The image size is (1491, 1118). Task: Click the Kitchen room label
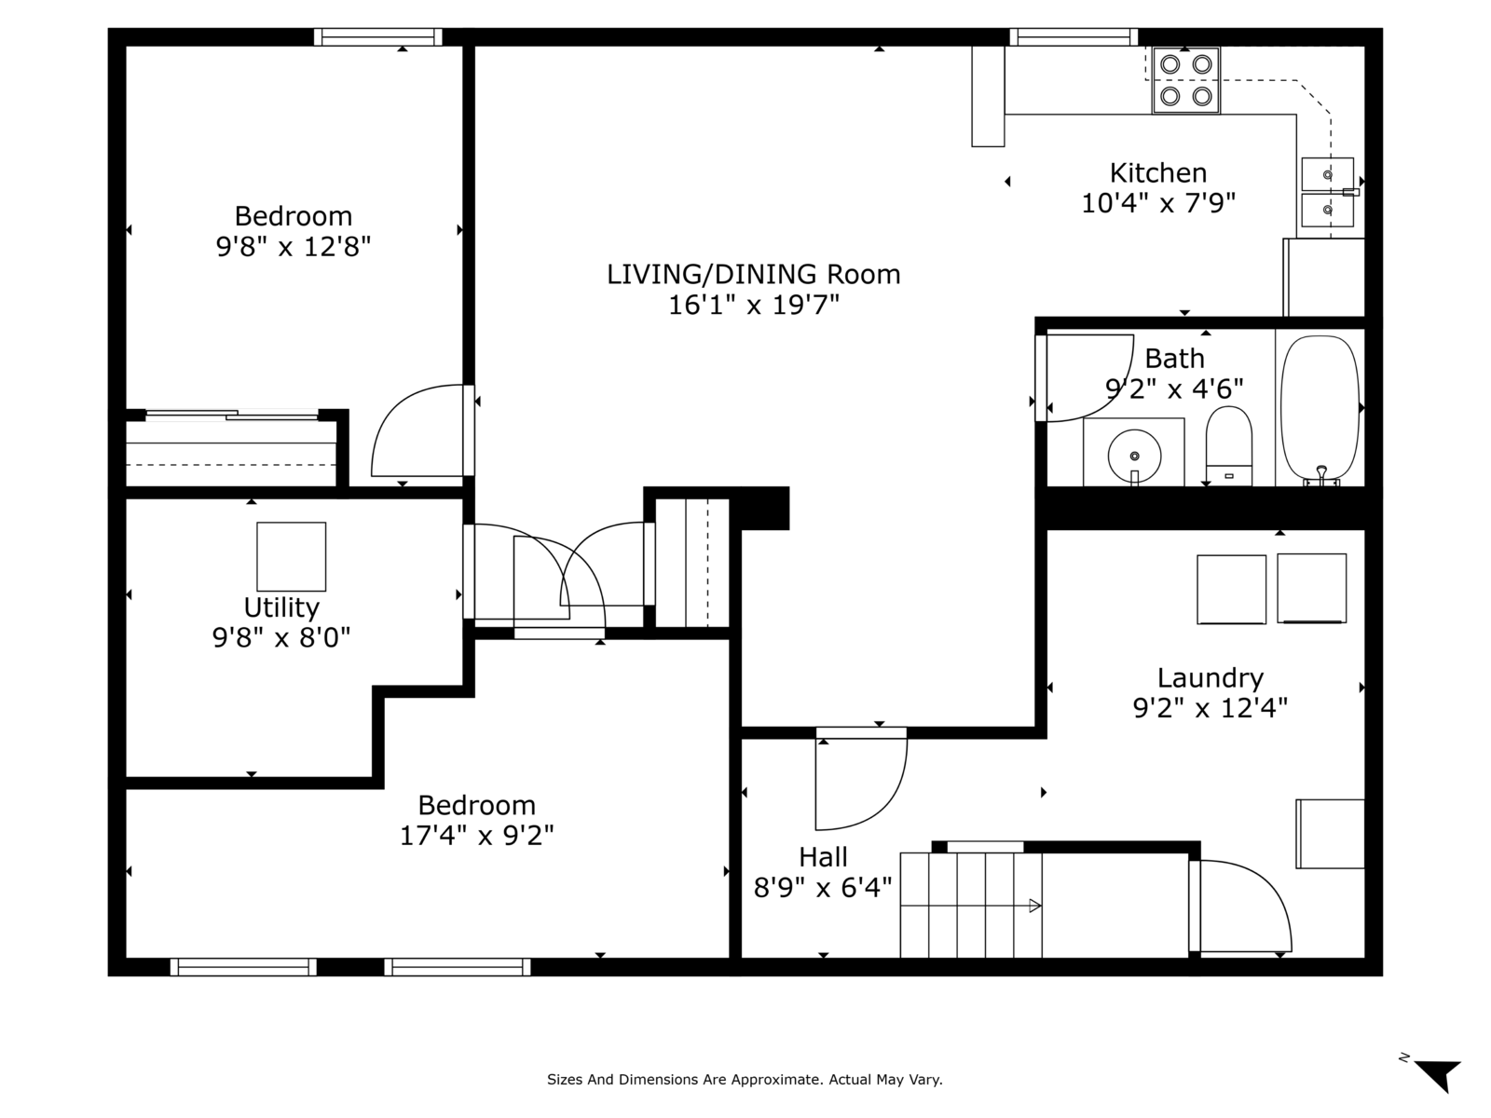(x=1157, y=173)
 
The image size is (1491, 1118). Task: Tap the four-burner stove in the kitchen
(x=1185, y=80)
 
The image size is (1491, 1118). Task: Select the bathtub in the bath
(x=1320, y=409)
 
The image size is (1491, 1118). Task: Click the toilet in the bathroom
(x=1229, y=445)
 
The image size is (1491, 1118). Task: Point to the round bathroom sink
(x=1134, y=456)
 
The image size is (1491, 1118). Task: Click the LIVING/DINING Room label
(x=753, y=274)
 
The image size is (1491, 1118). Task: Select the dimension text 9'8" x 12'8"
(x=294, y=246)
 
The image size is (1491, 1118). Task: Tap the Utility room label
(x=281, y=607)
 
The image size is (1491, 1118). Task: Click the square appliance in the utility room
(x=291, y=556)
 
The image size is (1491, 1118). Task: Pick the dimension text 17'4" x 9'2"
(x=476, y=835)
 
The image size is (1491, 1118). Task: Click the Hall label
(x=823, y=856)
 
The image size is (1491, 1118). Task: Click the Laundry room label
(x=1210, y=677)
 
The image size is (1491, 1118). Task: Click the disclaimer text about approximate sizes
(x=745, y=1079)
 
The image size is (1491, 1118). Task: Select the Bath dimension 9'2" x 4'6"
(x=1174, y=389)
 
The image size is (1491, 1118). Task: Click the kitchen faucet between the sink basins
(x=1351, y=192)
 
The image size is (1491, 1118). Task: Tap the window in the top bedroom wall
(x=377, y=36)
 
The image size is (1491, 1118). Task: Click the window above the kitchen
(x=1074, y=36)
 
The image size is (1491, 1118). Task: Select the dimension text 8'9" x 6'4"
(x=823, y=887)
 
